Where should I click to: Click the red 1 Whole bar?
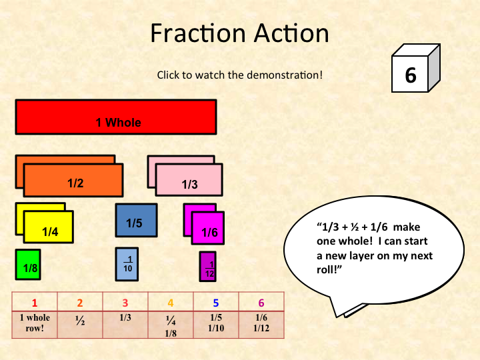(116, 117)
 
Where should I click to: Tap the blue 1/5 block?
(136, 221)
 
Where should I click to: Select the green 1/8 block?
(28, 265)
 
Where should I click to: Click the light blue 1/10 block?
(127, 265)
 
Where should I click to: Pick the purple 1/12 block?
(207, 267)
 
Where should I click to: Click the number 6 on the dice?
(411, 75)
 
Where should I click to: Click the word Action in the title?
(287, 33)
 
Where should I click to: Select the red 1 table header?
(35, 303)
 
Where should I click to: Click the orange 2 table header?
(80, 303)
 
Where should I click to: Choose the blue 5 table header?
(215, 303)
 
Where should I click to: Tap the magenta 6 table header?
(261, 303)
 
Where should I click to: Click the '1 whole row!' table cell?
(35, 322)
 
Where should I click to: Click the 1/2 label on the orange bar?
(75, 183)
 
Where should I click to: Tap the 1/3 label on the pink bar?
(190, 184)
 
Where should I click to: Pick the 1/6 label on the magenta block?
(209, 233)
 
